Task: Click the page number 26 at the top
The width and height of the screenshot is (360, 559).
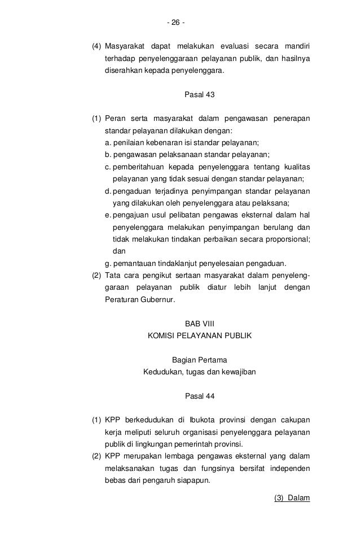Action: coord(175,23)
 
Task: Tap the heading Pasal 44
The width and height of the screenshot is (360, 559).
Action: coord(200,395)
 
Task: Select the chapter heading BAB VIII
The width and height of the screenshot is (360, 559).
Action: coord(200,324)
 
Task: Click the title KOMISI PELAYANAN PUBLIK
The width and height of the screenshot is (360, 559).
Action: coord(200,335)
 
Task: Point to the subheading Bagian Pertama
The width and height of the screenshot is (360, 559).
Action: coord(200,360)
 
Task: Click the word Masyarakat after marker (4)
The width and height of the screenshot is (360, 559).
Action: coord(125,46)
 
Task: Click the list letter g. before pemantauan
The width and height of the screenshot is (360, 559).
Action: coord(108,263)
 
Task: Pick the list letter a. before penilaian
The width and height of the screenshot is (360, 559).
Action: coord(108,142)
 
